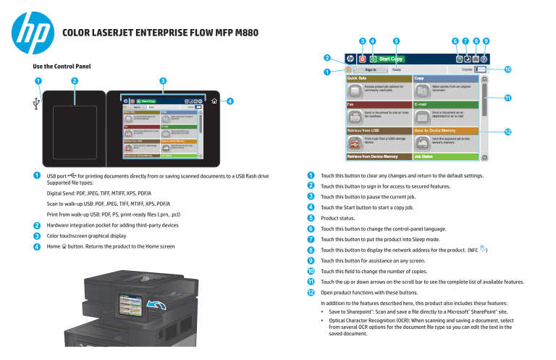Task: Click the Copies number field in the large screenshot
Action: (481, 70)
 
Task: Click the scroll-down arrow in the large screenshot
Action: (484, 156)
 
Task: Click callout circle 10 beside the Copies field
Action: (507, 70)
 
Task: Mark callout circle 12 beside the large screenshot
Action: (507, 132)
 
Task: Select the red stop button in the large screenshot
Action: (361, 58)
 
